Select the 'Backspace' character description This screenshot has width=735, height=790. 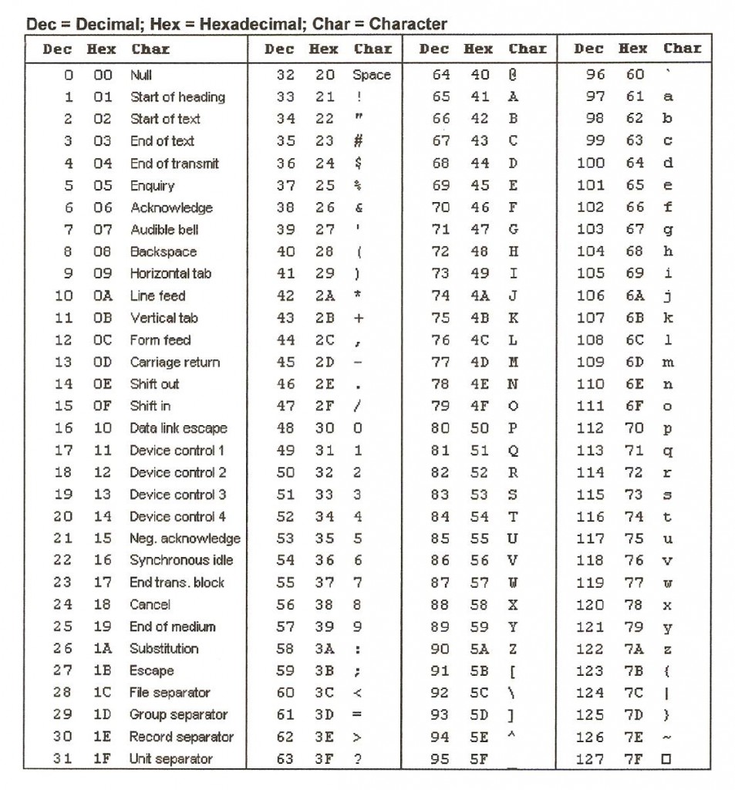[x=163, y=252]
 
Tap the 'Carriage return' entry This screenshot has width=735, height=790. [x=174, y=362]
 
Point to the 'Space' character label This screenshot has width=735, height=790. [x=372, y=75]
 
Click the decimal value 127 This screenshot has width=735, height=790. [x=589, y=759]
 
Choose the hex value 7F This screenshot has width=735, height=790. [x=634, y=759]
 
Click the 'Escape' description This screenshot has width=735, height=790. [x=151, y=670]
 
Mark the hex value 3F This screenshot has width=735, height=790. [x=325, y=759]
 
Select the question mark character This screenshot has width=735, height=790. [x=358, y=759]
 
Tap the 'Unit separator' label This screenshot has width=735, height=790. [x=170, y=759]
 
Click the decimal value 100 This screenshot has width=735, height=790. [x=591, y=163]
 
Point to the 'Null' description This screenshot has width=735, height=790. [x=141, y=75]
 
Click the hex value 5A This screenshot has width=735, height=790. [x=479, y=649]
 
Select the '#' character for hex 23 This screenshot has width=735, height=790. [x=358, y=141]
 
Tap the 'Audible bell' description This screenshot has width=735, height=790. [x=164, y=229]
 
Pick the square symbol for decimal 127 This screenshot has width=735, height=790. [x=666, y=759]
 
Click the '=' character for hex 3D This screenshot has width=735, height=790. [x=358, y=714]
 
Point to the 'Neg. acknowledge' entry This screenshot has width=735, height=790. [x=184, y=538]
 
